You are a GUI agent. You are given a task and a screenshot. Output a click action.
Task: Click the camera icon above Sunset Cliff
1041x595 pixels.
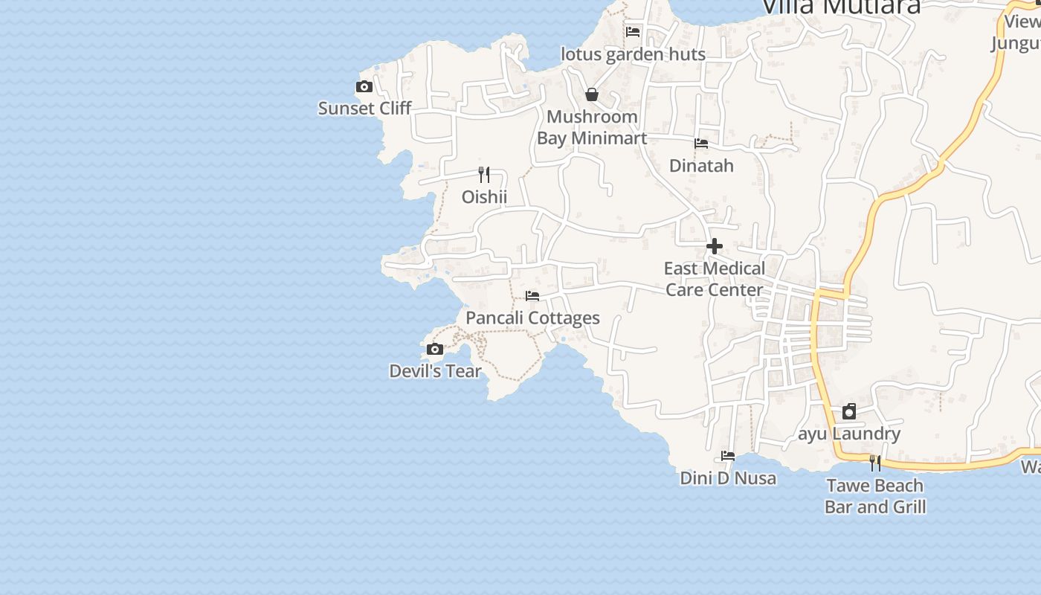point(364,87)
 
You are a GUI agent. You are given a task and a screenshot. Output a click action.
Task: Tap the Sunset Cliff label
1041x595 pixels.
point(364,109)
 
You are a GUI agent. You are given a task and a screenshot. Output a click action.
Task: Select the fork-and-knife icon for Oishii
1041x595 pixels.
point(484,175)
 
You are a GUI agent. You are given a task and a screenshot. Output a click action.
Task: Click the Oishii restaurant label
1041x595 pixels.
point(484,197)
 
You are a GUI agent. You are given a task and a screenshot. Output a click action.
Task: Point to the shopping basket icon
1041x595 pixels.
point(592,94)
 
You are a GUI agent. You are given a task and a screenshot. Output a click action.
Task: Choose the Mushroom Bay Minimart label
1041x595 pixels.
point(592,127)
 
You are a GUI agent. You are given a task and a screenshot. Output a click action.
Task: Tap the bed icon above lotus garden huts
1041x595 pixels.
point(633,31)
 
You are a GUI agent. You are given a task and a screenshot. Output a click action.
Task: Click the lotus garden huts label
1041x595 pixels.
point(633,54)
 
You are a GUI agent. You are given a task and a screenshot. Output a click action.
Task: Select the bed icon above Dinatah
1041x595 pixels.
point(701,144)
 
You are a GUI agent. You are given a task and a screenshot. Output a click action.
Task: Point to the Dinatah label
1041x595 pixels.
point(701,166)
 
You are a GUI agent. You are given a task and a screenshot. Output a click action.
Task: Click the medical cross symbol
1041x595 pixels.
point(715,246)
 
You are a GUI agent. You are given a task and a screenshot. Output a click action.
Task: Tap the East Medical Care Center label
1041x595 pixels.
point(714,279)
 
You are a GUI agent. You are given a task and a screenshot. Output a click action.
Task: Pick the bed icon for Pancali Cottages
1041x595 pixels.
point(532,296)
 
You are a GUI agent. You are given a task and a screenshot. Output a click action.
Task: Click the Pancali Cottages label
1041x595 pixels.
point(532,318)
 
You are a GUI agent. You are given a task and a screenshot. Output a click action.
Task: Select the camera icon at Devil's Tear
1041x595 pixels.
point(435,349)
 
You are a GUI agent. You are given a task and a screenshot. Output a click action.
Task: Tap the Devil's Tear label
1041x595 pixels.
point(435,371)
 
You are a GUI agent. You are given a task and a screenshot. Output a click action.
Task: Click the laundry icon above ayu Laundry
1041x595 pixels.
point(849,411)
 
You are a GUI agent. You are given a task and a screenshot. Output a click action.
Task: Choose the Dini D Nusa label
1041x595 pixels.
point(728,478)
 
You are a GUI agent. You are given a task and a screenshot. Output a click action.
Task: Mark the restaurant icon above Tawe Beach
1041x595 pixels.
point(875,463)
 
